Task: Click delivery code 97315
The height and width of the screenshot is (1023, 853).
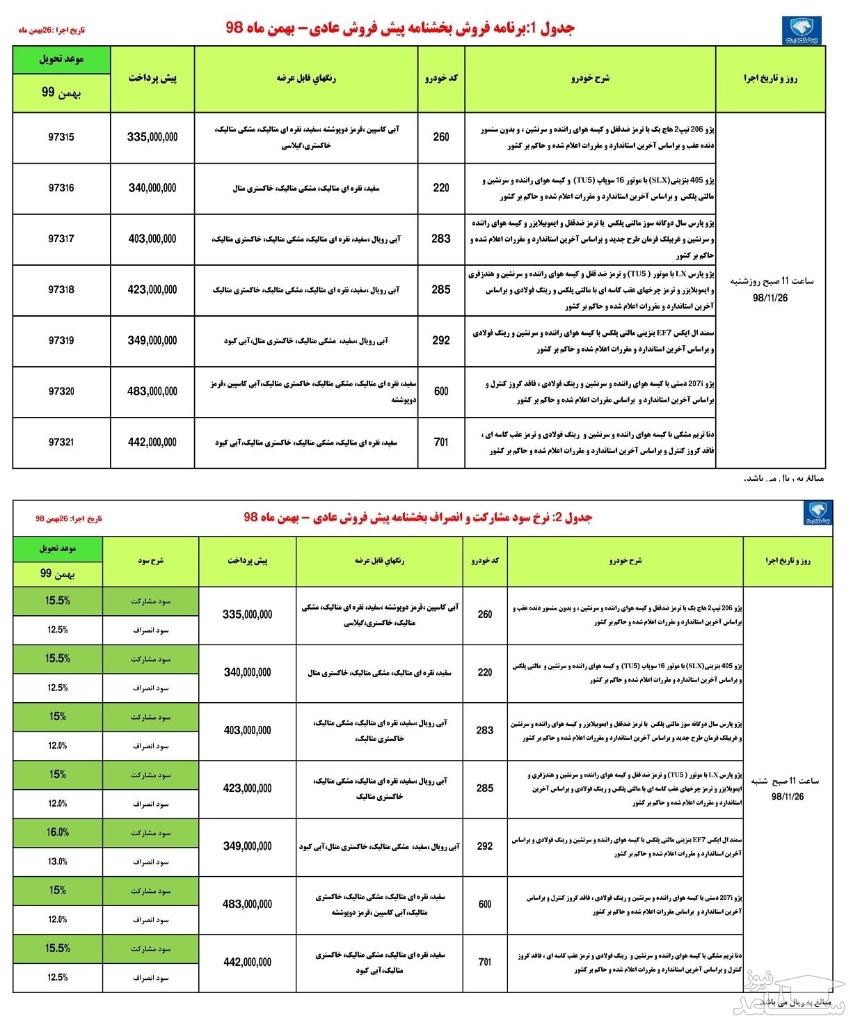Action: pyautogui.click(x=61, y=137)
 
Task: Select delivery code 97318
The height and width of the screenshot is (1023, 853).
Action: pyautogui.click(x=61, y=290)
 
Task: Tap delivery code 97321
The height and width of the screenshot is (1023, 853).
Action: pyautogui.click(x=61, y=442)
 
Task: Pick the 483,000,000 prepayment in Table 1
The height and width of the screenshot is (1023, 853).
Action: pyautogui.click(x=152, y=392)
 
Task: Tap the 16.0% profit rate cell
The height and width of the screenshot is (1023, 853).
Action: pyautogui.click(x=58, y=832)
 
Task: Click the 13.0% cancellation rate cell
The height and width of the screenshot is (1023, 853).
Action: pyautogui.click(x=58, y=862)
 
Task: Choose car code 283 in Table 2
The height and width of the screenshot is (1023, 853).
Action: pyautogui.click(x=485, y=730)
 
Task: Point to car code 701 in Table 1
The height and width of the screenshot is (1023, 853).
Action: pyautogui.click(x=441, y=442)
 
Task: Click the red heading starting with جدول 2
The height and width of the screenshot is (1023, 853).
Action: pyautogui.click(x=417, y=518)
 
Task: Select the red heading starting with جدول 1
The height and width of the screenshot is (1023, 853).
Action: pyautogui.click(x=401, y=29)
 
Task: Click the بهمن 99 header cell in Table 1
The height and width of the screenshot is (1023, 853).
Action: pyautogui.click(x=61, y=92)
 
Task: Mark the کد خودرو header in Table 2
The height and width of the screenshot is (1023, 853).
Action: pyautogui.click(x=485, y=560)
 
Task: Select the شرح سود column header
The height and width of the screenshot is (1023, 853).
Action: pyautogui.click(x=150, y=560)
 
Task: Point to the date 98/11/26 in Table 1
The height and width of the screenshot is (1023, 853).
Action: pyautogui.click(x=770, y=297)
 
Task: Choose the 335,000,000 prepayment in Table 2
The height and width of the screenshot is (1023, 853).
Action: pyautogui.click(x=247, y=614)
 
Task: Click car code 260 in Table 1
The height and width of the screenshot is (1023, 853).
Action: pyautogui.click(x=441, y=137)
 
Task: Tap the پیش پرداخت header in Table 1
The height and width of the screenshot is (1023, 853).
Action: pyautogui.click(x=152, y=78)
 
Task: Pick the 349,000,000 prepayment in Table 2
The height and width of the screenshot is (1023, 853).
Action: pyautogui.click(x=247, y=846)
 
